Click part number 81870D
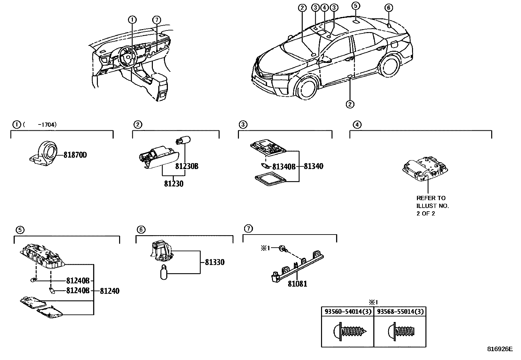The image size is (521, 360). (75, 155)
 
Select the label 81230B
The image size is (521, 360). (187, 166)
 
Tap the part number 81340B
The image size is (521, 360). (284, 167)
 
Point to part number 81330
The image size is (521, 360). (215, 262)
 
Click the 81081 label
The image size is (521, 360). (297, 284)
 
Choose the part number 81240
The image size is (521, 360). (109, 291)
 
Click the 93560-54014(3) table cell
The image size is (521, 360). (348, 312)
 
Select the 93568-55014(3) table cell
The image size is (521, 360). (400, 312)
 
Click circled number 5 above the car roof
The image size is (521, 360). (356, 6)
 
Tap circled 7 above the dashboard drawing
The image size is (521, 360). (157, 20)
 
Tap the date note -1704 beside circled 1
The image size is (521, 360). (47, 124)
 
